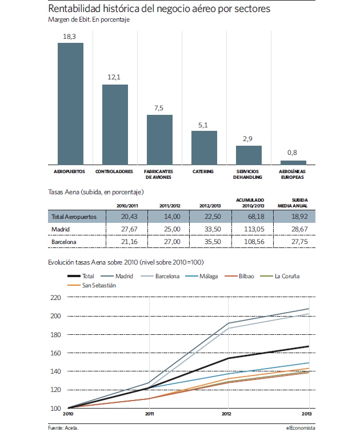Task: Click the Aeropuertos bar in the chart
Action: [x=70, y=104]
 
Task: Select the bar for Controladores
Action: [x=115, y=125]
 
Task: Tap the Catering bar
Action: [x=205, y=148]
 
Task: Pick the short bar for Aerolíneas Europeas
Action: [x=293, y=163]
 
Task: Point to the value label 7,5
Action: [x=159, y=108]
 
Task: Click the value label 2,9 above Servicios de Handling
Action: [x=247, y=139]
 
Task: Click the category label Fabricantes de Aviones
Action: [x=158, y=174]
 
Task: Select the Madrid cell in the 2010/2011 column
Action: [x=129, y=229]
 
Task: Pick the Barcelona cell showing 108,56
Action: [x=254, y=242]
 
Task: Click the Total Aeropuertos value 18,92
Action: [x=299, y=217]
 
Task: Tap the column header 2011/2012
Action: [x=170, y=206]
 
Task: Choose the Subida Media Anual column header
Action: [x=293, y=203]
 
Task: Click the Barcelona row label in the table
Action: [x=64, y=242]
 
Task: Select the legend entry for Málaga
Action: [x=202, y=276]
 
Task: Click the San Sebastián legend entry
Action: [x=92, y=285]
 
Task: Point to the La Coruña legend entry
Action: [x=280, y=276]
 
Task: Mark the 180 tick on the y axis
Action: [x=55, y=335]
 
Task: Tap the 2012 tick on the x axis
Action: [x=226, y=414]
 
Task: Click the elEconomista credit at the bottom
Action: [x=301, y=428]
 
